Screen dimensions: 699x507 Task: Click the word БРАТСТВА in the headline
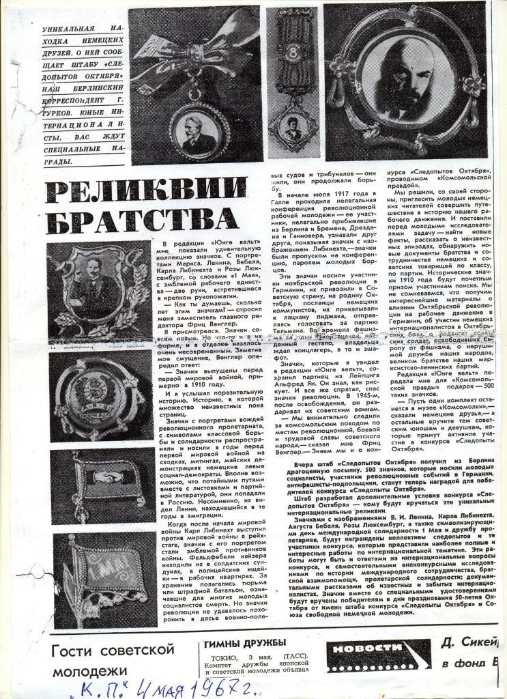coord(141,220)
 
